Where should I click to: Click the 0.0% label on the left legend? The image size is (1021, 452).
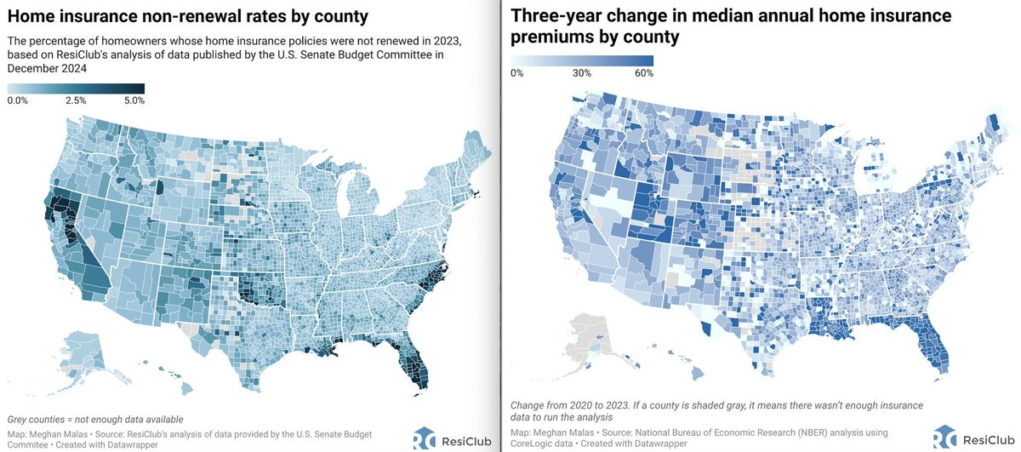tap(17, 100)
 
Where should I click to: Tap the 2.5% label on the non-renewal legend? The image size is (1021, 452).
tap(76, 100)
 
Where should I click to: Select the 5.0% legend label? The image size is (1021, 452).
tap(134, 100)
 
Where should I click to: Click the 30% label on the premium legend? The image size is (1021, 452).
tap(582, 73)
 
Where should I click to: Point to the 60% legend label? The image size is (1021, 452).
tap(644, 73)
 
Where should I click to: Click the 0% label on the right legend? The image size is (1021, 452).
tap(517, 73)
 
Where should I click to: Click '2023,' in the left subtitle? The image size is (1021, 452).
tap(448, 41)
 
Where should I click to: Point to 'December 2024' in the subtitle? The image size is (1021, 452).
tap(47, 68)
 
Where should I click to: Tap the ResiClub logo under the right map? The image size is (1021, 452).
tap(974, 438)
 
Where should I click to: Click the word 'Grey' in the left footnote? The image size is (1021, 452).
tap(17, 420)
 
